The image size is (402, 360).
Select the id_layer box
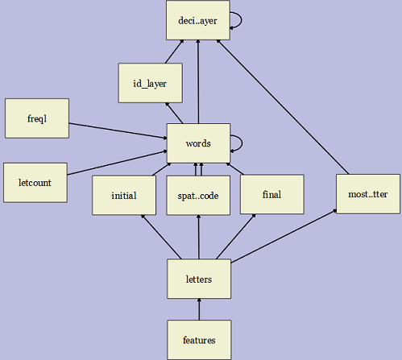[x=150, y=82]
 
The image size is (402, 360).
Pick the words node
[x=198, y=143]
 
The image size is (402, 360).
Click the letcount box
[x=35, y=182]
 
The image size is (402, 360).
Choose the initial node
[x=124, y=195]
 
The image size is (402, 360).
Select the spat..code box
[x=198, y=195]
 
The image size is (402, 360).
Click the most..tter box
[x=367, y=193]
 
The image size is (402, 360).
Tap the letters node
[x=198, y=279]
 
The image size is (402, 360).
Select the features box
[x=198, y=340]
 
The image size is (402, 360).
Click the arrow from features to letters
[x=198, y=309]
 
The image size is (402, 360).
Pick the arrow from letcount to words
[x=118, y=161]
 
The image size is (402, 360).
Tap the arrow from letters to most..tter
[x=284, y=235]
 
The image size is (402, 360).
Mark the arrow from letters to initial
[x=161, y=237]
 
